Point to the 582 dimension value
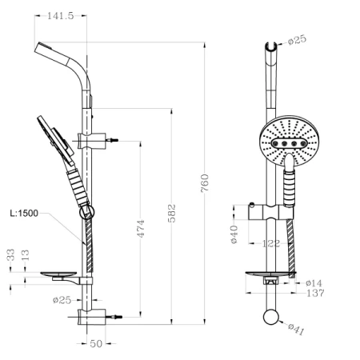pos(172,214)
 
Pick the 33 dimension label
pos(11,254)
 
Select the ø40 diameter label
pos(235,234)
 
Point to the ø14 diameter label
pos(314,282)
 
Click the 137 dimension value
pos(314,293)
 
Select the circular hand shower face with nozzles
pos(291,141)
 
